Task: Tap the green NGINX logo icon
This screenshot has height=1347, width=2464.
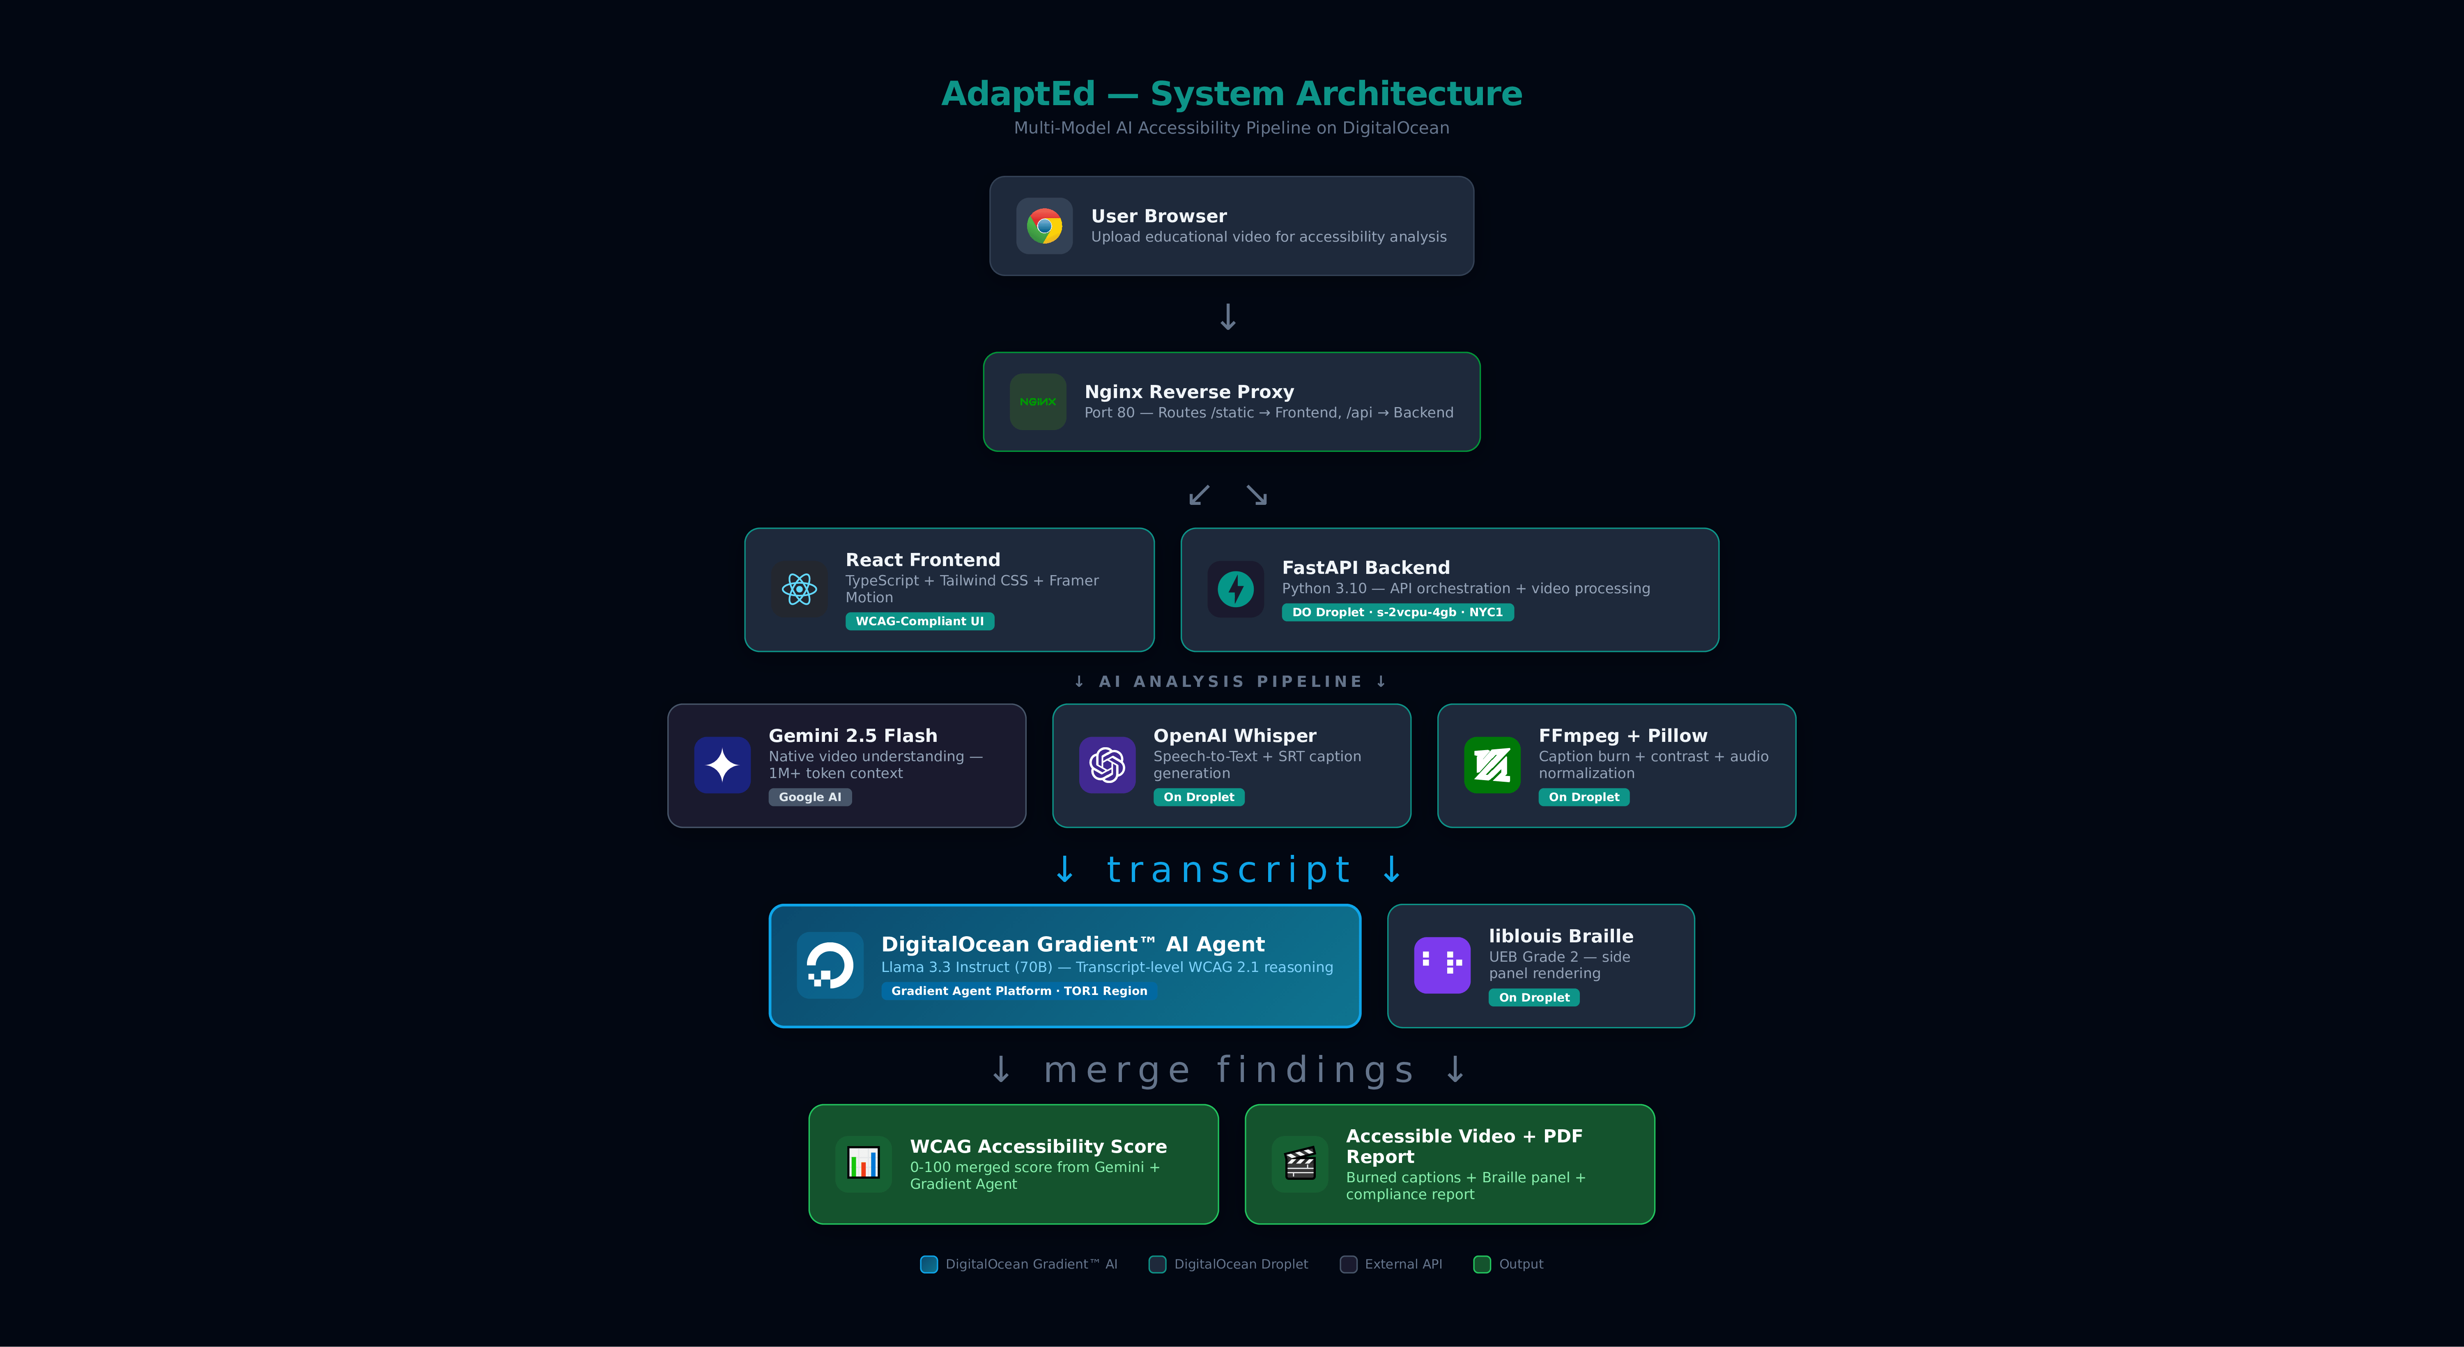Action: (1038, 402)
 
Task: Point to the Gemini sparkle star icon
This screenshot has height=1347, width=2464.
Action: (722, 765)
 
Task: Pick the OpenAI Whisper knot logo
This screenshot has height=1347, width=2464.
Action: (1107, 765)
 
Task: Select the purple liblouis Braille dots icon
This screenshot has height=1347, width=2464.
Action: (1441, 965)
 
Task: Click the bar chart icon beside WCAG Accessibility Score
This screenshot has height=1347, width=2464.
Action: (863, 1163)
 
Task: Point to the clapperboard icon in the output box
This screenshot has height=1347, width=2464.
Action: (1300, 1163)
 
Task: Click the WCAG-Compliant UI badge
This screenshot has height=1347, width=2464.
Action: (919, 622)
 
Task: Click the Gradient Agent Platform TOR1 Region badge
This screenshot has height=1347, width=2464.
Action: (1019, 991)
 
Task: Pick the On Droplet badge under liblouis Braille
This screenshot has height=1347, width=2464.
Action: (1533, 998)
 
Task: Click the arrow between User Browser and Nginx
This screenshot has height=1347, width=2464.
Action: (1228, 317)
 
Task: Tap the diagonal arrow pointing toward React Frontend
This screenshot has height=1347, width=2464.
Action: (1198, 495)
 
